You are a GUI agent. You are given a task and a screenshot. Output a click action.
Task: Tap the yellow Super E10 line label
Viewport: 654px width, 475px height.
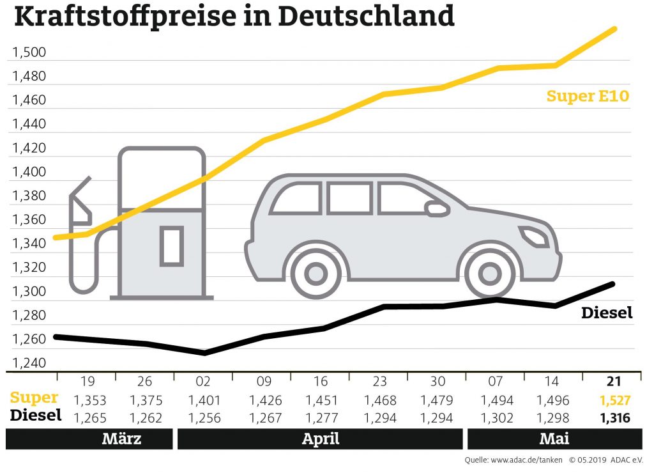coord(588,97)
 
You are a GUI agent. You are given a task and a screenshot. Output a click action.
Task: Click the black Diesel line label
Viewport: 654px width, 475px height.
coord(606,313)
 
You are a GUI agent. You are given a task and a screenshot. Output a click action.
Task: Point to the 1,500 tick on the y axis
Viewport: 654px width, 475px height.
coord(29,52)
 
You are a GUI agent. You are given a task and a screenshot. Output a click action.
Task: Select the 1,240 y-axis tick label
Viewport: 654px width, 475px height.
coord(29,363)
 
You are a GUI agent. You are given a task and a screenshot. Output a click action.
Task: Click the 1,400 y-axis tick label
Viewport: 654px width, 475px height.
coord(29,172)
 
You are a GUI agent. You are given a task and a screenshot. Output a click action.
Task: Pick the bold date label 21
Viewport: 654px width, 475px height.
coord(614,382)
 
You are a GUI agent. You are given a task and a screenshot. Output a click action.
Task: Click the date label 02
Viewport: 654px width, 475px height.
coord(203,382)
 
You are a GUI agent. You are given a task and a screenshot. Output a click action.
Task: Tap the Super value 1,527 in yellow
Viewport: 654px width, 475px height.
coord(614,401)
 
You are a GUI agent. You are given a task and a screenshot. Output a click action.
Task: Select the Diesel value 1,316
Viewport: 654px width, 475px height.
coord(614,418)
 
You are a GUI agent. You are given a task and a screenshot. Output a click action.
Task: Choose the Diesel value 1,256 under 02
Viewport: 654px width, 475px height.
coord(203,418)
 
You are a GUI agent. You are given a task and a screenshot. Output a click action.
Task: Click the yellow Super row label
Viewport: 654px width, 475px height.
coord(34,398)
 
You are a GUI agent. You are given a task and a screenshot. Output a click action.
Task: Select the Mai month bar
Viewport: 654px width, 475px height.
coord(554,439)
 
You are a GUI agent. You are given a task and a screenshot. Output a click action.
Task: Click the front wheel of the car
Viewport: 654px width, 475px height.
coord(490,274)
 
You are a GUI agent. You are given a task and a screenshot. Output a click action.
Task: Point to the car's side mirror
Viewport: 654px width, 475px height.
coord(437,208)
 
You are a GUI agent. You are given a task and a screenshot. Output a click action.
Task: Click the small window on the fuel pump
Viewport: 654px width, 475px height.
coord(171,245)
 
